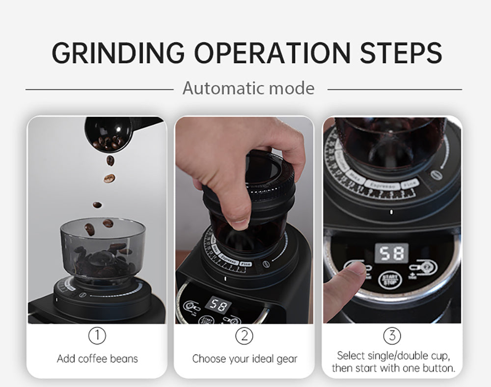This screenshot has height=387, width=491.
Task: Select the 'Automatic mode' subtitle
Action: tap(248, 89)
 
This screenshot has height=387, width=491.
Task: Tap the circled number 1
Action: tap(97, 336)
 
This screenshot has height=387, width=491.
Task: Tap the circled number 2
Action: tap(244, 336)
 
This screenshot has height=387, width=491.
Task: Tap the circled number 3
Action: tap(391, 336)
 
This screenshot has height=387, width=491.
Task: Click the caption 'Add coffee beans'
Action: tap(97, 359)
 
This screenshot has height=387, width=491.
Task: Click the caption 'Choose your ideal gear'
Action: tap(245, 359)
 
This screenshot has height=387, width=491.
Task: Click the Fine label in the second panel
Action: tap(245, 264)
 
